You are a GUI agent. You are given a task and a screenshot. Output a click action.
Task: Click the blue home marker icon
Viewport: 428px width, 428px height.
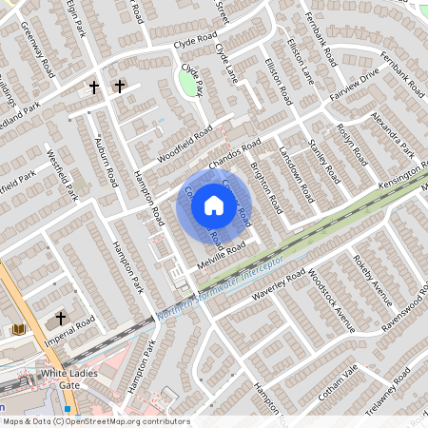(x=214, y=204)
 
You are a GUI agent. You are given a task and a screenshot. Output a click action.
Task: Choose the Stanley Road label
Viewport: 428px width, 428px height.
(x=325, y=160)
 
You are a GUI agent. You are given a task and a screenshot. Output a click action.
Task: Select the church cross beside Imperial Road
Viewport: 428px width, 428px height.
(x=62, y=318)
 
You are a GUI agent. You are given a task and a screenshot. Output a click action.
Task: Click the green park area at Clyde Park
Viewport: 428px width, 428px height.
(x=191, y=86)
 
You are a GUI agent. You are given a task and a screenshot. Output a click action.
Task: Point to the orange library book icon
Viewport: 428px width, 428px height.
(x=18, y=329)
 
